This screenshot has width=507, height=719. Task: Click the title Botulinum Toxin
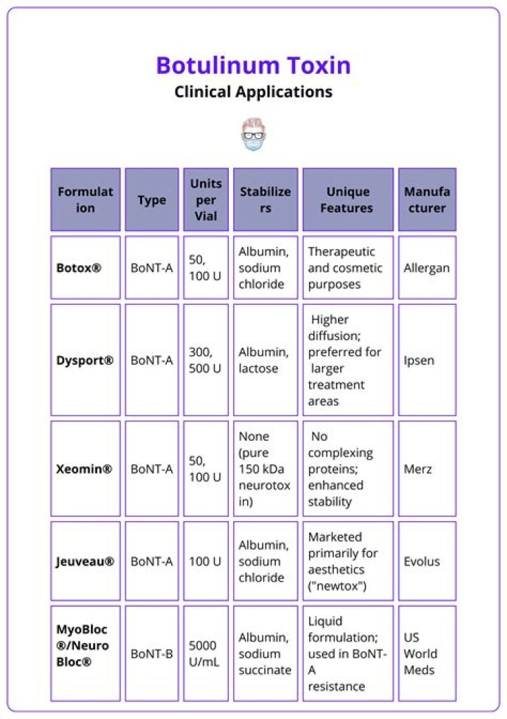click(x=254, y=65)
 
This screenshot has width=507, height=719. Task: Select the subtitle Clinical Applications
click(x=254, y=92)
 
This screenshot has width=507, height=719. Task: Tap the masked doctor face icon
click(x=253, y=135)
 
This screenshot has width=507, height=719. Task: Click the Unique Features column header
click(x=348, y=200)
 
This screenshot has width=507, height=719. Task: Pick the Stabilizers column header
click(x=265, y=200)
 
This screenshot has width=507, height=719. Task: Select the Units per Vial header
click(x=206, y=200)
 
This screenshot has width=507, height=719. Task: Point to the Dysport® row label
click(x=84, y=361)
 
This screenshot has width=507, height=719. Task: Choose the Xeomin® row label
click(x=84, y=469)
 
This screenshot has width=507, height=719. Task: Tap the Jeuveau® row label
click(x=84, y=561)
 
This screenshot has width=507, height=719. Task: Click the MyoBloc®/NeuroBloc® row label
click(x=83, y=645)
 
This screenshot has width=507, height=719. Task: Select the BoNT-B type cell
click(x=151, y=654)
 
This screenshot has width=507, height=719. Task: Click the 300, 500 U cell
click(x=205, y=361)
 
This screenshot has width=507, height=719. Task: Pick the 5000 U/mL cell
click(x=205, y=654)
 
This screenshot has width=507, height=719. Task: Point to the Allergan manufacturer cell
click(x=427, y=268)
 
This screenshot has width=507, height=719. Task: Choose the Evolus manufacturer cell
click(x=422, y=561)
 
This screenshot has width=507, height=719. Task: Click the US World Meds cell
click(x=420, y=654)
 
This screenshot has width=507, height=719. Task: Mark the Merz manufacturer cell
click(x=418, y=469)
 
